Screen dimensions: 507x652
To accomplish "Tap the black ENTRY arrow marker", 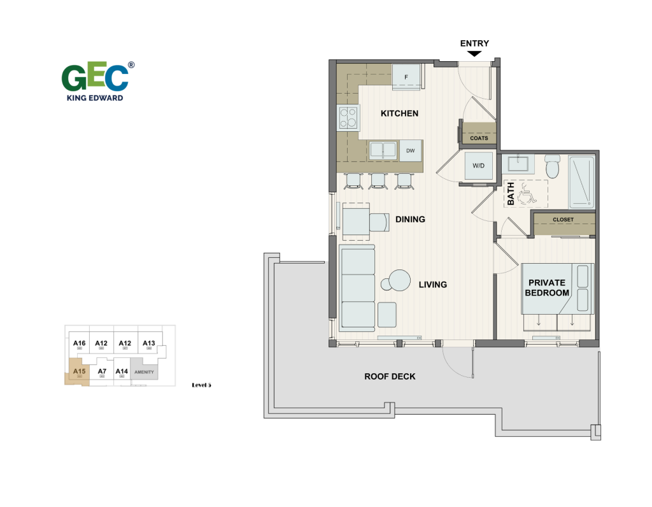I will tap(474, 55).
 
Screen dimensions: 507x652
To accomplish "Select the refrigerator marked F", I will tap(406, 78).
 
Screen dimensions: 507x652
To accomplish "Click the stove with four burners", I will tap(348, 118).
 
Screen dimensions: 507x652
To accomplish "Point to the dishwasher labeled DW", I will tap(411, 150).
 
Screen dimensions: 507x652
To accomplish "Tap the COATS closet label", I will tap(479, 138).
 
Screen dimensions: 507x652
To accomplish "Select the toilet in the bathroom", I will tap(552, 168).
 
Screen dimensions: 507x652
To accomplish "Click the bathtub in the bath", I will tap(581, 182).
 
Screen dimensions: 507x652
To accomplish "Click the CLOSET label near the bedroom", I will tap(563, 220).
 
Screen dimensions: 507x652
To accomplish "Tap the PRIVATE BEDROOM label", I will tap(548, 287).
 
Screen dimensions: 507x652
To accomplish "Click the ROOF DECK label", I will tap(390, 376).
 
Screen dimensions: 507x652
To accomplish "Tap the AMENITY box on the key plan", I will tap(144, 372).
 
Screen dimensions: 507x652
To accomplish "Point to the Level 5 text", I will tap(201, 385).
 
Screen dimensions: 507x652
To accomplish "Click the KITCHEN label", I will tap(399, 113).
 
